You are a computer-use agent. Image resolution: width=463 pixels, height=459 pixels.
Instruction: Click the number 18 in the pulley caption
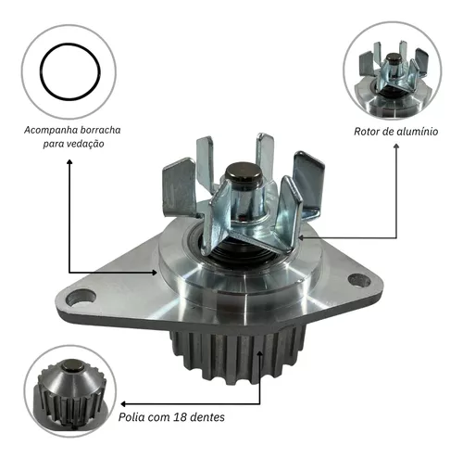point(180,417)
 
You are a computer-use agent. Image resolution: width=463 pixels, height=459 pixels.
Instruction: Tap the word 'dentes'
point(207,417)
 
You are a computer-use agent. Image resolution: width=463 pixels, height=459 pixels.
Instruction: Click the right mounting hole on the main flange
point(359,281)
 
